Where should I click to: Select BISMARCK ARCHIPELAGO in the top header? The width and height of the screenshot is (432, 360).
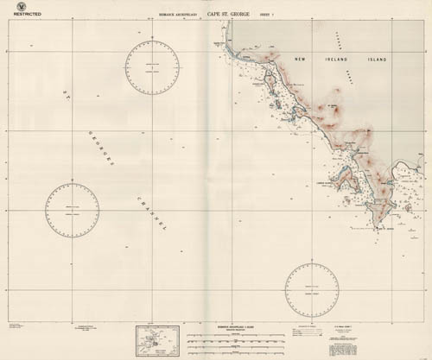[178, 15]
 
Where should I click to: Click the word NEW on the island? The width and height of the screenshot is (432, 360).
[303, 60]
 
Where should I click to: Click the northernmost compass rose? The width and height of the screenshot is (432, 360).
[152, 66]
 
